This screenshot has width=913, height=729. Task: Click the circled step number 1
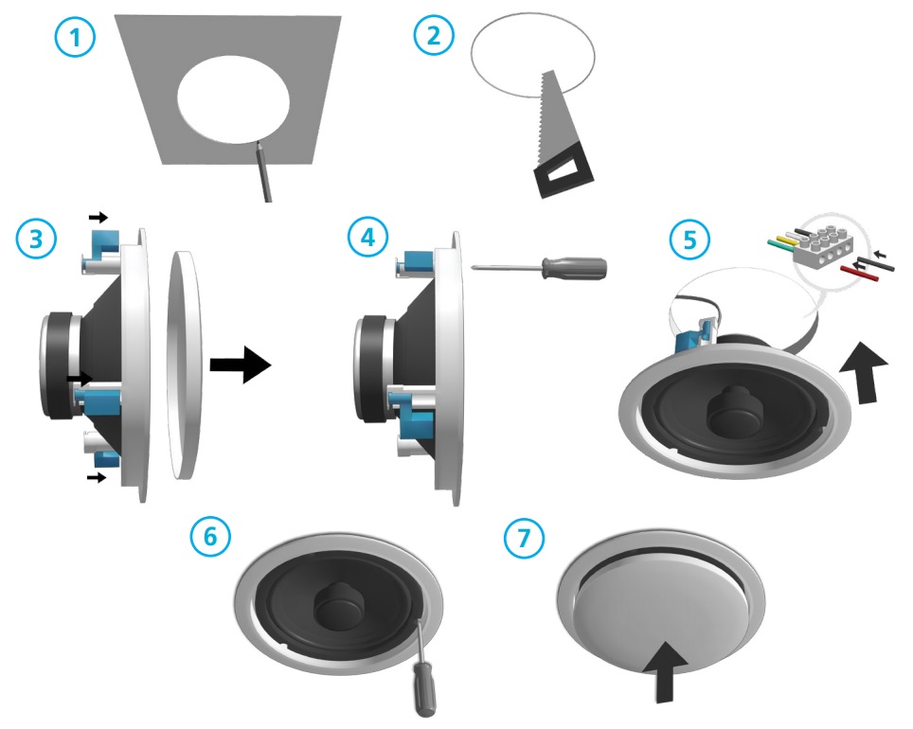tap(75, 38)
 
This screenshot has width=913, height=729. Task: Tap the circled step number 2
tap(434, 35)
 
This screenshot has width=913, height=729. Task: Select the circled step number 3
tap(36, 239)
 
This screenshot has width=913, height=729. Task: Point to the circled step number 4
tap(367, 237)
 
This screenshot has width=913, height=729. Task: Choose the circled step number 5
tap(689, 239)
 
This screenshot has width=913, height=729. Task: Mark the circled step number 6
tap(210, 536)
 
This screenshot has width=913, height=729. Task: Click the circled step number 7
tap(524, 537)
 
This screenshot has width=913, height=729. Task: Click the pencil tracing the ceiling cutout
tap(262, 171)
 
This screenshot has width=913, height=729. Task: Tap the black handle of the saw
tap(564, 169)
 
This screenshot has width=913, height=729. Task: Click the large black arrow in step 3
tap(241, 365)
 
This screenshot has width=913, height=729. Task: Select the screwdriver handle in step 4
tap(575, 268)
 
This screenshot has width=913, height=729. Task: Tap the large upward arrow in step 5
tap(865, 371)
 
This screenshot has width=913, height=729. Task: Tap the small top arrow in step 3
tap(98, 217)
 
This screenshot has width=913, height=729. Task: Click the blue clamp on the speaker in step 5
tap(694, 336)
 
